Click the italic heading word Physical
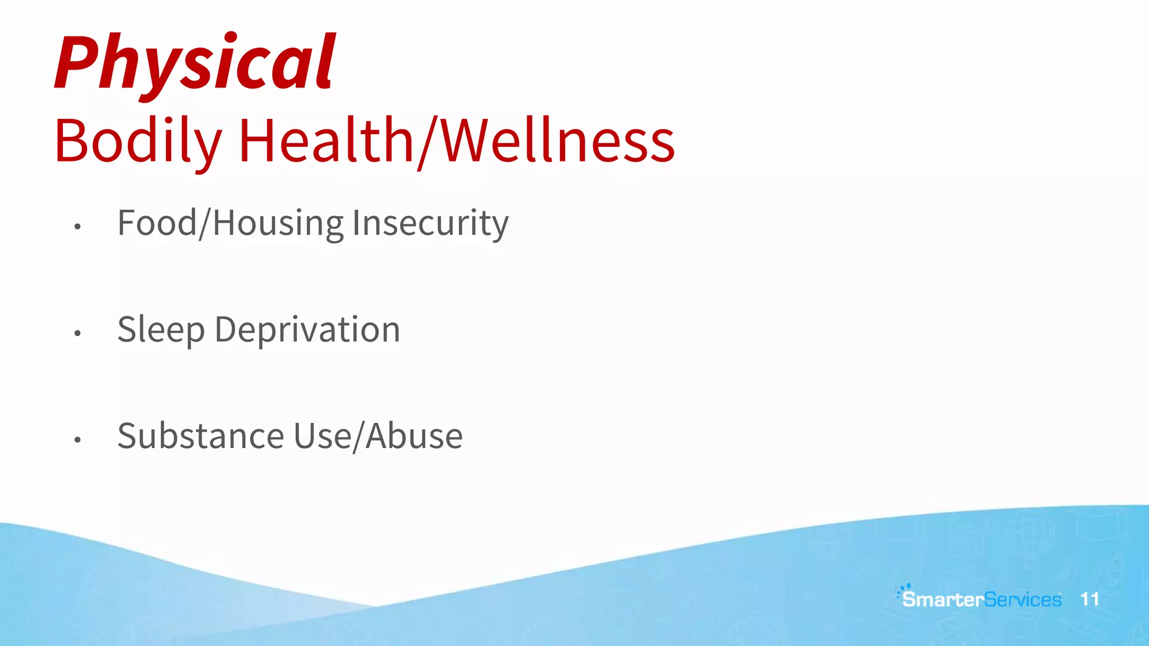point(195,63)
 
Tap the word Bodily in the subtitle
point(138,141)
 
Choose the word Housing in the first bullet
point(278,224)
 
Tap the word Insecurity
point(430,224)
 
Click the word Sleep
point(161,330)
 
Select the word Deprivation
point(307,330)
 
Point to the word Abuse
point(414,436)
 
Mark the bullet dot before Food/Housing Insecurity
point(77,227)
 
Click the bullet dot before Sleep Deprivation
point(77,333)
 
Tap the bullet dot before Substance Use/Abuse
point(77,440)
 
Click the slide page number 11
point(1090,599)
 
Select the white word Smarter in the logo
point(943,599)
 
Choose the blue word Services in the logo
point(1023,599)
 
